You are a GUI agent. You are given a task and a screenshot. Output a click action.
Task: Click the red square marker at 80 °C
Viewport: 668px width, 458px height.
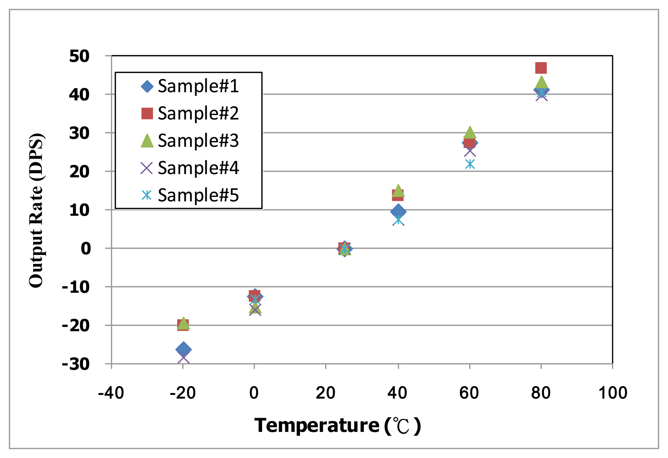[x=541, y=68]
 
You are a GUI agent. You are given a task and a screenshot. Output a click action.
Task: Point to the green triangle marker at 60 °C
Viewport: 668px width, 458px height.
[x=470, y=132]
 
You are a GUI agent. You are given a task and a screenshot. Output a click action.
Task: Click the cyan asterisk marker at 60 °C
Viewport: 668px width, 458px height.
[x=470, y=164]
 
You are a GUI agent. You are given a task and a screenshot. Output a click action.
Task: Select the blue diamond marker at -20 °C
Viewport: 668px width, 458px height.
[x=183, y=349]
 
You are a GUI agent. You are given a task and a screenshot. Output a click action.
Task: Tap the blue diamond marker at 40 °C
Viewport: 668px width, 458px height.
[x=398, y=211]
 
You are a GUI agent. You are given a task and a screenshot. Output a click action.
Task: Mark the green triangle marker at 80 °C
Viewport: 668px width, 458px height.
[x=541, y=83]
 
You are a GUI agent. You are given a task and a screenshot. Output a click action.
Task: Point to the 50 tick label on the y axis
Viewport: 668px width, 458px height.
[x=79, y=56]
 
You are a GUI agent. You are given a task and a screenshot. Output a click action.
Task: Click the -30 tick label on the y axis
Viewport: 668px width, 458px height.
[x=76, y=364]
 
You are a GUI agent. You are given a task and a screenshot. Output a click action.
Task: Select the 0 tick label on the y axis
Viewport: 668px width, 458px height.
[x=86, y=249]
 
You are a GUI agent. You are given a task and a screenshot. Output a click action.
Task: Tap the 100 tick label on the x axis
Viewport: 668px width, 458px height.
[x=613, y=393]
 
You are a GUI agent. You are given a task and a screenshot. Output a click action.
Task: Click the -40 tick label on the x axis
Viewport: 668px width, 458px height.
[x=111, y=393]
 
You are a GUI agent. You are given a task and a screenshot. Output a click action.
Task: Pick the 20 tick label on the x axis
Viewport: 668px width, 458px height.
[x=325, y=393]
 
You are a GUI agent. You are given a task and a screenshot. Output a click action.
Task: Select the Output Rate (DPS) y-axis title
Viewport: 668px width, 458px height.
[x=36, y=210]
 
